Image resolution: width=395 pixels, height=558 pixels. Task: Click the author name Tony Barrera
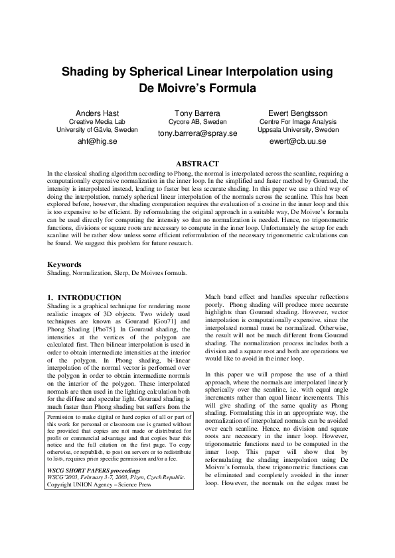pyautogui.click(x=197, y=113)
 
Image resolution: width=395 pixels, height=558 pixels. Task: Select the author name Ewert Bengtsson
pyautogui.click(x=297, y=113)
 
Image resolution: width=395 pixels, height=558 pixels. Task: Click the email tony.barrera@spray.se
pyautogui.click(x=197, y=133)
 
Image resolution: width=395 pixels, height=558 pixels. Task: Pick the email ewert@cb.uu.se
pyautogui.click(x=297, y=141)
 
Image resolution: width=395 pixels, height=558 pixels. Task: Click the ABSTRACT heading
pyautogui.click(x=197, y=163)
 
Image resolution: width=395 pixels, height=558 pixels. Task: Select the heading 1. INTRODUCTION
pyautogui.click(x=85, y=298)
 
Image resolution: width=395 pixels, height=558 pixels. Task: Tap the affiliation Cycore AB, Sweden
pyautogui.click(x=197, y=122)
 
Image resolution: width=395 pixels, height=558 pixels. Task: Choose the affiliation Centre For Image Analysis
pyautogui.click(x=297, y=122)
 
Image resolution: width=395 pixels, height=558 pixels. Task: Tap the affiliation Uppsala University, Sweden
pyautogui.click(x=297, y=130)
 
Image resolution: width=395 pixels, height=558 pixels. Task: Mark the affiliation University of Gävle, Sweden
pyautogui.click(x=93, y=130)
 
